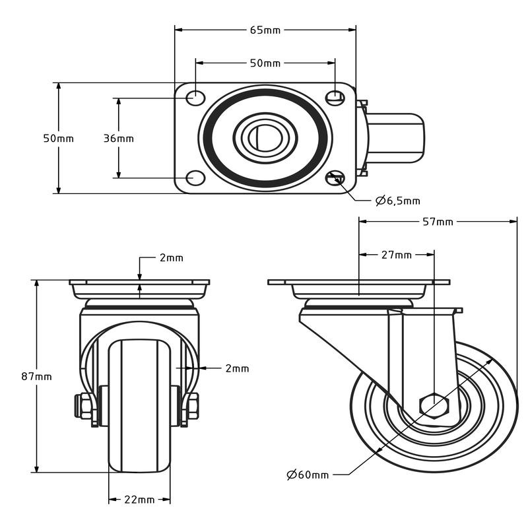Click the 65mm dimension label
click(265, 30)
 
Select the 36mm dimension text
click(119, 139)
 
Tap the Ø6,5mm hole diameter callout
click(398, 201)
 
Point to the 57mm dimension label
click(438, 222)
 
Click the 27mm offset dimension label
click(396, 255)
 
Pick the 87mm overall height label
click(36, 376)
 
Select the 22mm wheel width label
click(139, 500)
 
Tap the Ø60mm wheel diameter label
click(308, 475)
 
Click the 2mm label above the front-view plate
click(171, 258)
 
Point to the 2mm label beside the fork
click(237, 368)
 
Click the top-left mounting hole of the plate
click(195, 98)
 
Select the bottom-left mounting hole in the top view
click(195, 178)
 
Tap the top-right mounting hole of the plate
click(335, 97)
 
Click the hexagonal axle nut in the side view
click(434, 405)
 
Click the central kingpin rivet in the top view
click(266, 137)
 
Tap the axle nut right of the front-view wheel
click(192, 407)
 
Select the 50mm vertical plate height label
click(59, 139)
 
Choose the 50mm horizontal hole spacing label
click(265, 63)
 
